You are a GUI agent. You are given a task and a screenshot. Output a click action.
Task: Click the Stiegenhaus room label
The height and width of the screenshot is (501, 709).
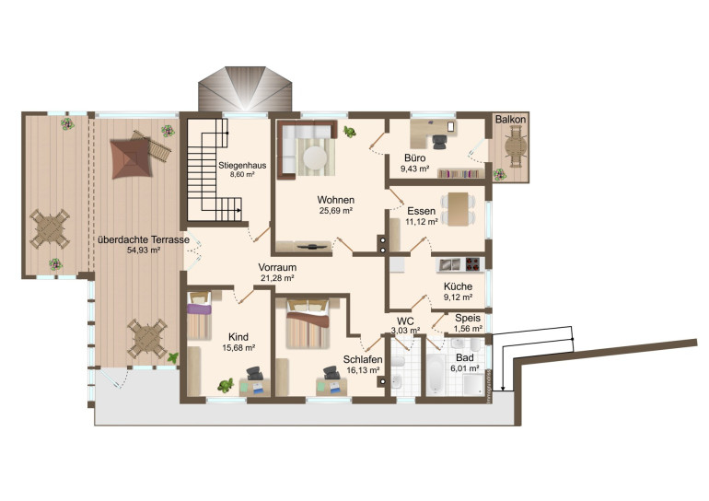tap(242, 165)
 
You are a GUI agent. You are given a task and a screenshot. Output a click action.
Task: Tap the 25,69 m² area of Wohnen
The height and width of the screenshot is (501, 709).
tap(336, 210)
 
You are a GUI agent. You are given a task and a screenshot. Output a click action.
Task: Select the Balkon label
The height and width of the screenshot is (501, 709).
tap(510, 120)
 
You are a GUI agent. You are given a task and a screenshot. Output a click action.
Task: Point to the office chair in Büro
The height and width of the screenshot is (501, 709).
tap(438, 142)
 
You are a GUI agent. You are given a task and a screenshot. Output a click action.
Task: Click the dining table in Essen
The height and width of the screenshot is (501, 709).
tap(458, 209)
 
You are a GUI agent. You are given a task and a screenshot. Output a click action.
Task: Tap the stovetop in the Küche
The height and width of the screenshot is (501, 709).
tap(472, 264)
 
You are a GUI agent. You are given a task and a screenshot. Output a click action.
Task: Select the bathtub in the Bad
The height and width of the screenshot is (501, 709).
tap(436, 374)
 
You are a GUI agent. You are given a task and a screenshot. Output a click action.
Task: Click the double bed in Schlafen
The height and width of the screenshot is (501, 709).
tap(308, 323)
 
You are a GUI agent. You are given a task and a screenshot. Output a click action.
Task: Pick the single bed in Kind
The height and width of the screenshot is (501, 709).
tap(200, 316)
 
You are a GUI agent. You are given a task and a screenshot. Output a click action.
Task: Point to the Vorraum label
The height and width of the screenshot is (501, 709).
tap(277, 267)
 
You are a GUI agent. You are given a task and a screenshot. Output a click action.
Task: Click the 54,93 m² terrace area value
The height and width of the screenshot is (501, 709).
tap(144, 250)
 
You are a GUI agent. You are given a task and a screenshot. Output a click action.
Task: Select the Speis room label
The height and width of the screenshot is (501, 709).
tap(468, 318)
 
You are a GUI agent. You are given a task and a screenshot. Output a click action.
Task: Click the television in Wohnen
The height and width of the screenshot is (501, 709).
tap(312, 247)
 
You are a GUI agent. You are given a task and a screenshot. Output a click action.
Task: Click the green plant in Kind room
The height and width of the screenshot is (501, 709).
tap(226, 386)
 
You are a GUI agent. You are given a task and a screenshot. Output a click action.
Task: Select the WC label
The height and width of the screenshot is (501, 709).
tap(405, 321)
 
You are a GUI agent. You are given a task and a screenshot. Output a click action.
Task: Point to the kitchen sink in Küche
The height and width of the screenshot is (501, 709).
tap(450, 264)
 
